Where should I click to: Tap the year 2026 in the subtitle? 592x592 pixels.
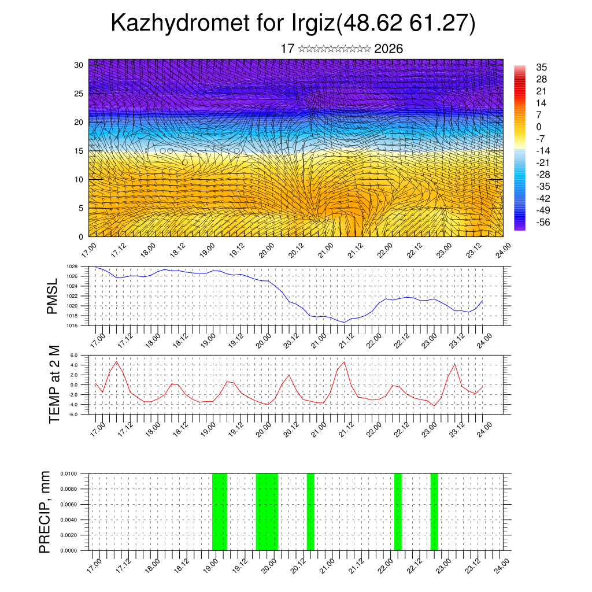click(388, 49)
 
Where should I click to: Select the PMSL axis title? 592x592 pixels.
click(53, 296)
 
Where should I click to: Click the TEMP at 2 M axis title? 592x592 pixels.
click(54, 384)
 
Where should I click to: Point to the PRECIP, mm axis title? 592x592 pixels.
click(45, 512)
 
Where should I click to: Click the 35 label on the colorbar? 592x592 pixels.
click(542, 67)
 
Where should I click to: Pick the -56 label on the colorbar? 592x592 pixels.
click(544, 221)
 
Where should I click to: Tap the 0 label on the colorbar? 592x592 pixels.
click(539, 127)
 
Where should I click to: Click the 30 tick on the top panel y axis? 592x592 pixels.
click(79, 65)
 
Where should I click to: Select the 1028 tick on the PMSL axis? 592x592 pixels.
click(72, 267)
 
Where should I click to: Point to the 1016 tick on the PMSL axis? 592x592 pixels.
click(72, 325)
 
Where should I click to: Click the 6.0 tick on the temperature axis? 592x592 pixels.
click(74, 355)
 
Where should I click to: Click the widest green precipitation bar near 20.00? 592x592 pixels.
click(267, 512)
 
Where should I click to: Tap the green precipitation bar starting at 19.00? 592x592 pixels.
click(220, 512)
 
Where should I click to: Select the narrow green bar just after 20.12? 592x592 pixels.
click(310, 512)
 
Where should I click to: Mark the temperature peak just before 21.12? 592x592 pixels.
click(345, 362)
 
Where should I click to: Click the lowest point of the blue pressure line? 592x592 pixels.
click(345, 322)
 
